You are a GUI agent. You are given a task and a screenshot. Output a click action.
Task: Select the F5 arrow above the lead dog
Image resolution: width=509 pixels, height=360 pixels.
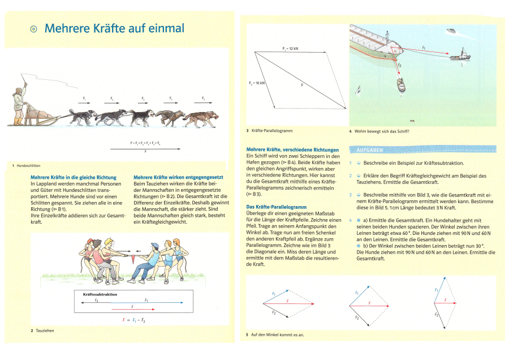pyautogui.click(x=204, y=102)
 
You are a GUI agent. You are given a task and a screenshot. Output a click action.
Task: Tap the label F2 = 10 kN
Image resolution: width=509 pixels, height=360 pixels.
pyautogui.click(x=257, y=84)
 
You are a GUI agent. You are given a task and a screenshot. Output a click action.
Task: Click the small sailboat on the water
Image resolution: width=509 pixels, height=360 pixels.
pyautogui.click(x=357, y=89)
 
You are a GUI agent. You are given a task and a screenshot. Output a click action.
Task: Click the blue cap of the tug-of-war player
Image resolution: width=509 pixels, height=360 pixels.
pyautogui.click(x=155, y=245)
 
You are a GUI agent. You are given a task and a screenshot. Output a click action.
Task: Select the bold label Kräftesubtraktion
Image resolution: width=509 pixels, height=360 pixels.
pyautogui.click(x=100, y=295)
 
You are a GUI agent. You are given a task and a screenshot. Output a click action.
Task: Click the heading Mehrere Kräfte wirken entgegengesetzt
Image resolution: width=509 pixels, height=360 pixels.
pyautogui.click(x=178, y=178)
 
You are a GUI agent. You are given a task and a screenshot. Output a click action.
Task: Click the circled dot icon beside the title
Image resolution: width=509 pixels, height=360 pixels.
pyautogui.click(x=33, y=28)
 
